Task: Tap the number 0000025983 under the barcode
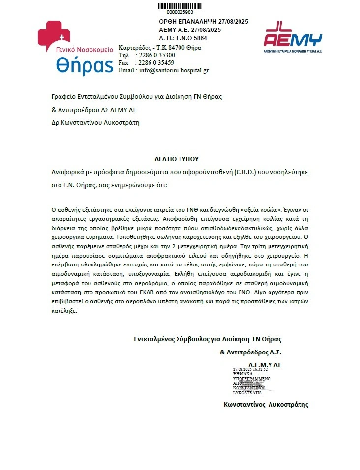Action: [x=180, y=12]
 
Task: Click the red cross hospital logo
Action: [x=55, y=35]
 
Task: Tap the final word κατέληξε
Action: [x=64, y=311]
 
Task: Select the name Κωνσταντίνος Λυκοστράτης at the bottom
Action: [x=266, y=404]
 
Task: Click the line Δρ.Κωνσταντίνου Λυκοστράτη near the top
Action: [x=95, y=123]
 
